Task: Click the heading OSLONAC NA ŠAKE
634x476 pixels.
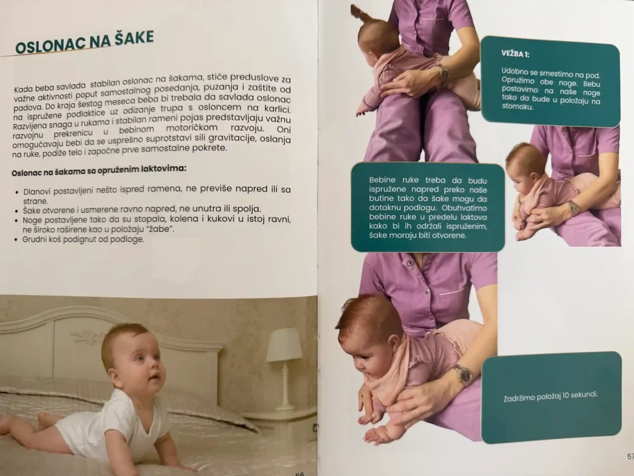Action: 84,43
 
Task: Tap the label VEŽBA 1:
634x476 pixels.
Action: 515,54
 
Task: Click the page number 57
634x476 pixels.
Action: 630,457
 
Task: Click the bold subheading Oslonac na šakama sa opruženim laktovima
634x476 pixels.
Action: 99,170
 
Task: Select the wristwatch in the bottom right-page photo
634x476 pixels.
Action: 462,374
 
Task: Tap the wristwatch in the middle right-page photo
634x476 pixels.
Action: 573,208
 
